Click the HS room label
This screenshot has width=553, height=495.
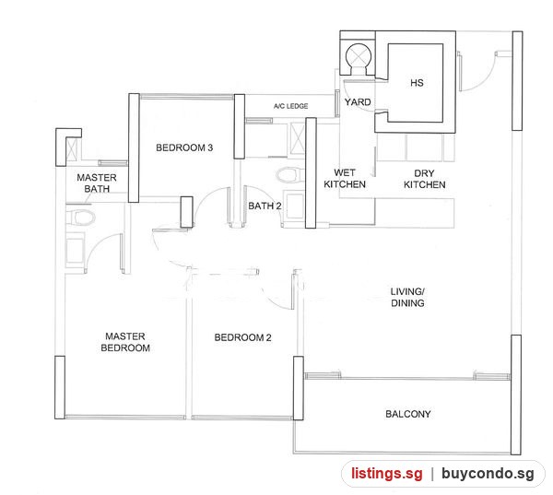pos(417,83)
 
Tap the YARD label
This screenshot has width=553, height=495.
pos(358,102)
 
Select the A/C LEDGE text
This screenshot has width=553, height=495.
pos(290,106)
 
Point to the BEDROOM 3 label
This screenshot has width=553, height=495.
pos(184,147)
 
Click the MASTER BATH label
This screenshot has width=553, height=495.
pos(97,183)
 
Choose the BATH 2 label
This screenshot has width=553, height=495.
pos(265,206)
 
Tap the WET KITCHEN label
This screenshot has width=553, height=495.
pos(345,178)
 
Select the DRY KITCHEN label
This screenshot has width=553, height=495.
pos(424,179)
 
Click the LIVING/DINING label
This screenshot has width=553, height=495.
pos(407,297)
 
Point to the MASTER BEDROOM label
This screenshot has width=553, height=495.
pos(125,342)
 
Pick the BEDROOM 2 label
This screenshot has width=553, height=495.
pos(242,337)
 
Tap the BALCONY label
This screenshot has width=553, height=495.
pos(408,414)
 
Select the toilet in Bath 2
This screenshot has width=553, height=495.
pos(290,174)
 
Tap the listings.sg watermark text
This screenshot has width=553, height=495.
pos(386,474)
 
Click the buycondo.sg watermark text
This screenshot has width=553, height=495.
pos(488,474)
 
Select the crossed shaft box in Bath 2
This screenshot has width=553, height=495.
pos(297,138)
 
